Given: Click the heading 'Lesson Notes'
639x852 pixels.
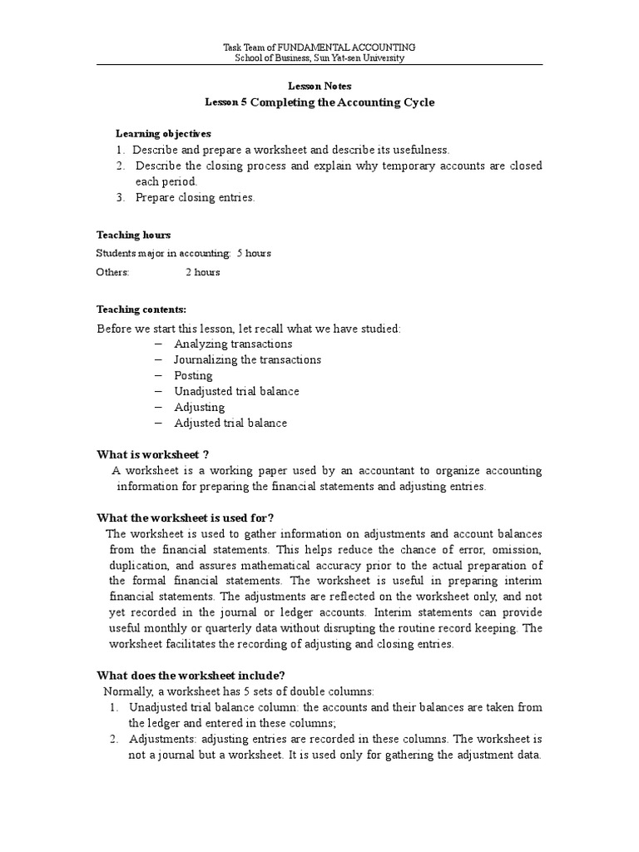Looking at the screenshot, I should pyautogui.click(x=319, y=86).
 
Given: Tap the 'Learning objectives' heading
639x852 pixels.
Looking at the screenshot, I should pyautogui.click(x=163, y=133).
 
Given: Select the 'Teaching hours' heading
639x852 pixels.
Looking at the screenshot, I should pyautogui.click(x=134, y=235).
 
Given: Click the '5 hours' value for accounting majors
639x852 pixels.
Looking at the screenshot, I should pyautogui.click(x=254, y=253).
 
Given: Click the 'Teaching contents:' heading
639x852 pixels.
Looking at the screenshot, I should pyautogui.click(x=141, y=310).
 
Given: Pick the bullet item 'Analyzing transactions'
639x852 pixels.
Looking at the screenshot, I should pyautogui.click(x=233, y=344).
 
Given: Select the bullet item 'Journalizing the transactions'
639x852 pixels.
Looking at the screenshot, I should pyautogui.click(x=247, y=359).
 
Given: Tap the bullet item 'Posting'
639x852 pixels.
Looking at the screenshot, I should pyautogui.click(x=193, y=375).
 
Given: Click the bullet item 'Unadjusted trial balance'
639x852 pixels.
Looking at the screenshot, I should pyautogui.click(x=236, y=391).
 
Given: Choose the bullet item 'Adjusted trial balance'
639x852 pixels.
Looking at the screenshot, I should pyautogui.click(x=230, y=423).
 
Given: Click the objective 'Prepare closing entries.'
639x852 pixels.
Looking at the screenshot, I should pyautogui.click(x=196, y=197).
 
